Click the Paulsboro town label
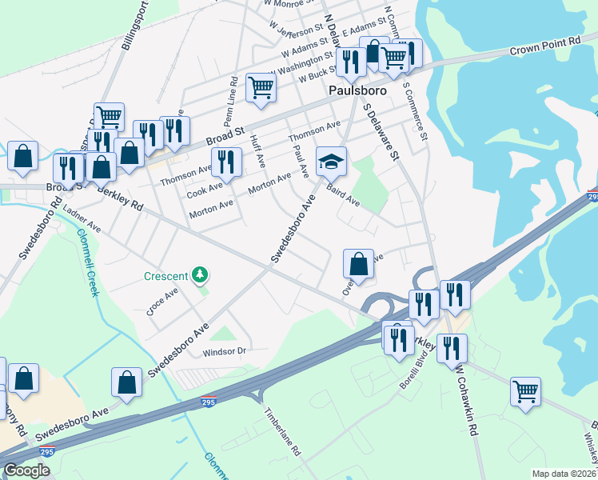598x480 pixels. [x=357, y=91]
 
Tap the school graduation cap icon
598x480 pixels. [x=331, y=162]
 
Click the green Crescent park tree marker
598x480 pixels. [x=199, y=276]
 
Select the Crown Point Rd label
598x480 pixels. [x=544, y=46]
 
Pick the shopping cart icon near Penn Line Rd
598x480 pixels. [x=261, y=87]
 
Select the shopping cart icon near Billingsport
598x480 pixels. [x=109, y=117]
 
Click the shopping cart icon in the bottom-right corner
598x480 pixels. [x=525, y=391]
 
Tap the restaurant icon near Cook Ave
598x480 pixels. [x=226, y=162]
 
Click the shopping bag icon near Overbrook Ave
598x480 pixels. [x=358, y=262]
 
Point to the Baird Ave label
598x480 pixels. [x=344, y=196]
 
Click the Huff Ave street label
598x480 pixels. [x=257, y=150]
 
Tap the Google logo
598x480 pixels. [x=26, y=470]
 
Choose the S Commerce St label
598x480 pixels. [x=417, y=107]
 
